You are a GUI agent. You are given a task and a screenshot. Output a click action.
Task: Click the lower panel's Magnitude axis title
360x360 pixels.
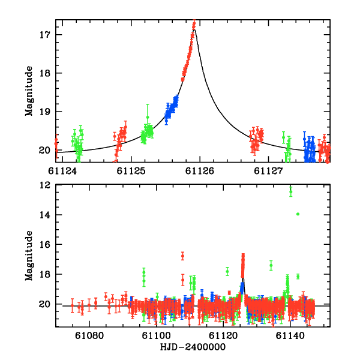click(28, 256)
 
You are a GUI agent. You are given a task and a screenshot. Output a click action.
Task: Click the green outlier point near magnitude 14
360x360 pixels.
click(298, 214)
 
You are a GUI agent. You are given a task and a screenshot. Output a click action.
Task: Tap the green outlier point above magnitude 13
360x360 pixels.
click(290, 191)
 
